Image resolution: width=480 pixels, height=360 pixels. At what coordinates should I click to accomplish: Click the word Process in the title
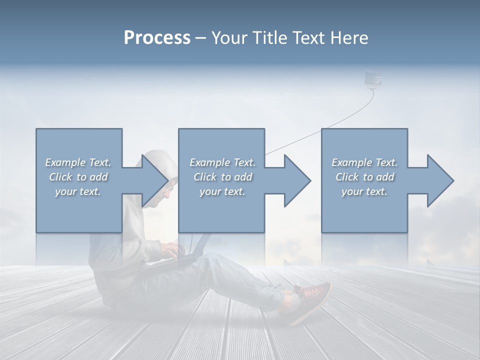click(157, 37)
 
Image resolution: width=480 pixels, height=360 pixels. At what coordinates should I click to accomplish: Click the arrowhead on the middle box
click(295, 180)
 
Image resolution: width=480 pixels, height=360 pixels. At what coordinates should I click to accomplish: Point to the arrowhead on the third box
click(438, 180)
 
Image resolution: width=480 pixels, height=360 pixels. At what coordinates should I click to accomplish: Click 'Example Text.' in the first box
click(78, 162)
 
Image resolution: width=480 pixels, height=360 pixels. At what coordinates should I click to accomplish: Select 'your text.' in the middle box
click(222, 191)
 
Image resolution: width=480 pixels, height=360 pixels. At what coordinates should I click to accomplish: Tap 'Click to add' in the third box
click(364, 177)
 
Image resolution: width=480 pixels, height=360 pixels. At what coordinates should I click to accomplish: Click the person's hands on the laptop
click(170, 250)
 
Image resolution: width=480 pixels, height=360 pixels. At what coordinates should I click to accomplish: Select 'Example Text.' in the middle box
click(222, 162)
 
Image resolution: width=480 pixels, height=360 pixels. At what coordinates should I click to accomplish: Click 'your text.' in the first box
click(78, 191)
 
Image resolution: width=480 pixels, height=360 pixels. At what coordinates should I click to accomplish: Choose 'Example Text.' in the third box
click(364, 162)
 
